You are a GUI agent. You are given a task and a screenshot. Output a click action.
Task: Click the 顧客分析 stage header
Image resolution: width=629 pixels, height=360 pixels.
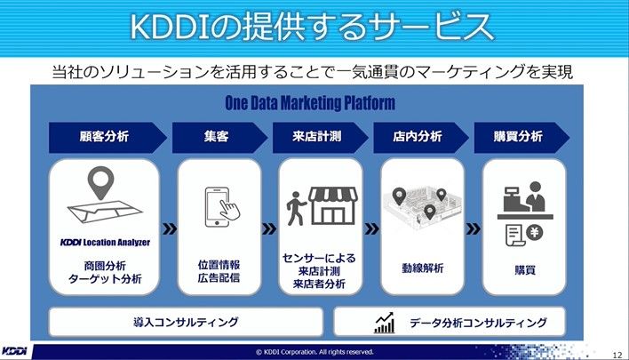[x=107, y=137]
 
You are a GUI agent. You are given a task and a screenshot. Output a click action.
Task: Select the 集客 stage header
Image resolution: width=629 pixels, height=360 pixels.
[x=219, y=137]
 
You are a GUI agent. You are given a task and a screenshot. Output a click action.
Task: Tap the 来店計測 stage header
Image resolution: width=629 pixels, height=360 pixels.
[x=320, y=137]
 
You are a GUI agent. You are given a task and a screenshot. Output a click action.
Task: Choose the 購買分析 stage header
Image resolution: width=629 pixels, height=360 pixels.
[x=522, y=137]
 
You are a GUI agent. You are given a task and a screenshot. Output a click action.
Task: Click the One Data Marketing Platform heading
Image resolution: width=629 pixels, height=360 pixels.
[x=310, y=103]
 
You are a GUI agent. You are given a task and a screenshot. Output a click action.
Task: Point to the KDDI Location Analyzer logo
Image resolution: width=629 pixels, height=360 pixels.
[x=105, y=242]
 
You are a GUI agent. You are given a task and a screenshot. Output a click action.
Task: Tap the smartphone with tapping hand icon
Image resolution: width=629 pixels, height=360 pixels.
[x=222, y=207]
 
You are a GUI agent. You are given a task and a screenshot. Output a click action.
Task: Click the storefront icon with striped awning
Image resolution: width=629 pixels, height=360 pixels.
[x=333, y=205]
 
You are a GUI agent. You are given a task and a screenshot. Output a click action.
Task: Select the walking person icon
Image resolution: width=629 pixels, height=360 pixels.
[x=296, y=208]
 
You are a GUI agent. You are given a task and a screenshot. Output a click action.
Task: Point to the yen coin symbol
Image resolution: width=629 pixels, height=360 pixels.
[x=534, y=232]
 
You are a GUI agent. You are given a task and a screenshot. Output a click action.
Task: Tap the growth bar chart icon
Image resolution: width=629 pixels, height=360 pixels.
[x=385, y=323]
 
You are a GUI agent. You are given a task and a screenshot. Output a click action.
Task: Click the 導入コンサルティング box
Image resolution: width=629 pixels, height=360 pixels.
[x=186, y=322]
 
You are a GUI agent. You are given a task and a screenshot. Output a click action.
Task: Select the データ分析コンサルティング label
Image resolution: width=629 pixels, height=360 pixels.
[x=478, y=323]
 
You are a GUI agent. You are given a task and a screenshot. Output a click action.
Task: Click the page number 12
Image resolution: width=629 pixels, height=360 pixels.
[x=617, y=355]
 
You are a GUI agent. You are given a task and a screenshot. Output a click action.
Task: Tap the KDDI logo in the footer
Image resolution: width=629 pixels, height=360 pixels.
[x=14, y=351]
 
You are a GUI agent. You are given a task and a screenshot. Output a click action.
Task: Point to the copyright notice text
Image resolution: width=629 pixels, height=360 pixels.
[x=314, y=352]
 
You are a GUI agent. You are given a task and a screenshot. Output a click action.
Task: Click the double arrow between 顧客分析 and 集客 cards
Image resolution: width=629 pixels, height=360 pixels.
[x=170, y=228]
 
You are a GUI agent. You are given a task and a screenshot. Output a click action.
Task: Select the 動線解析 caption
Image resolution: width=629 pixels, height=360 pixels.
[x=422, y=268]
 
